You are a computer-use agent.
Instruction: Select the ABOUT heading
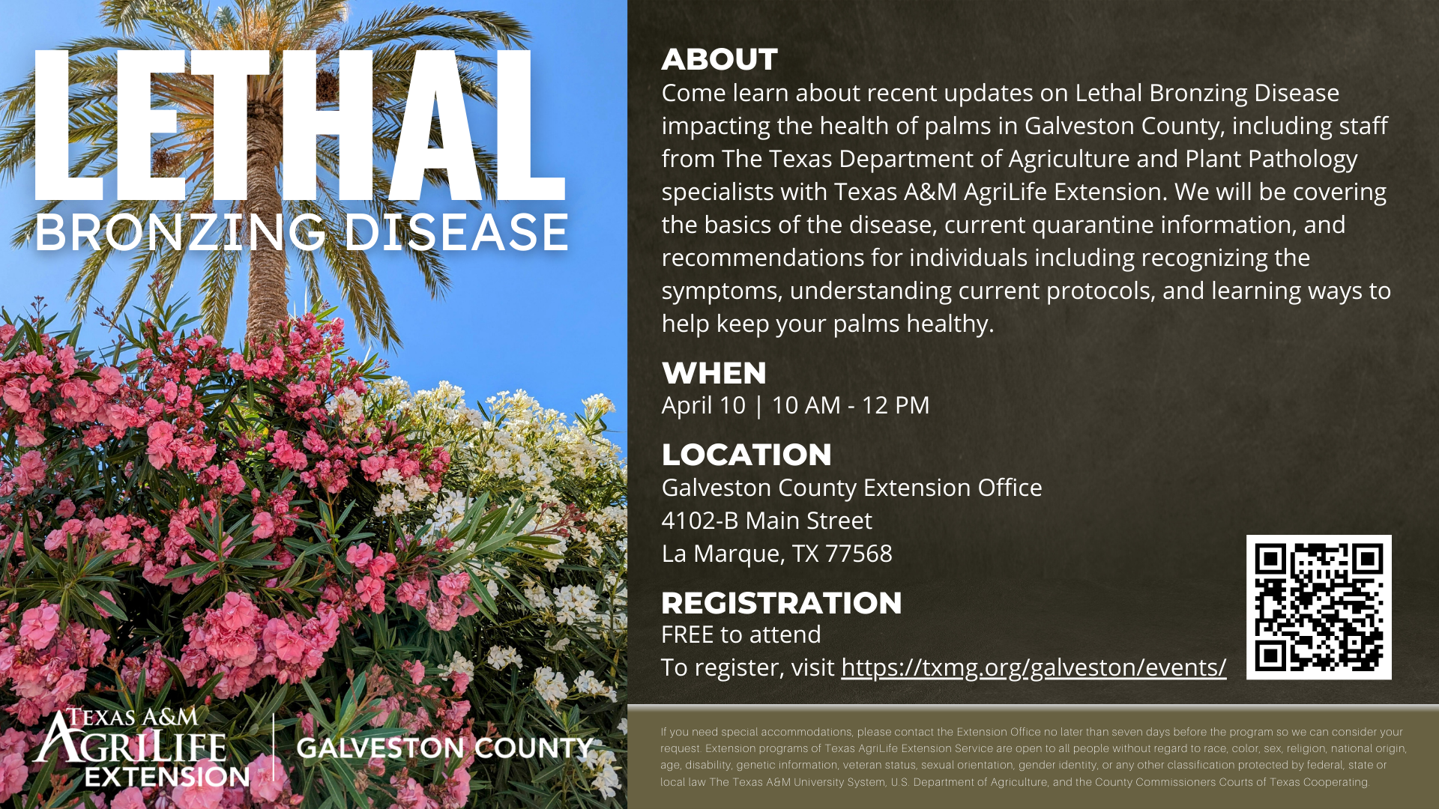click(719, 60)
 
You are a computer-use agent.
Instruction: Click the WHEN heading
click(714, 373)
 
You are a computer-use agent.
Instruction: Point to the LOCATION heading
click(746, 455)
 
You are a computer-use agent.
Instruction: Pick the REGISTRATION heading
click(782, 603)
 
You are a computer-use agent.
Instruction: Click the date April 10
click(704, 405)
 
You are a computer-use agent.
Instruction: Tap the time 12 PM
click(896, 405)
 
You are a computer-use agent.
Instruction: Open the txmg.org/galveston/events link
click(1034, 667)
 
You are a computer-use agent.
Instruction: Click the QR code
click(1319, 607)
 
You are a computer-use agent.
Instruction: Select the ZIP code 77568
click(859, 554)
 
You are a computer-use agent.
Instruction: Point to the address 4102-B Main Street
click(767, 521)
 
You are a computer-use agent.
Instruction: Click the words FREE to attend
click(741, 634)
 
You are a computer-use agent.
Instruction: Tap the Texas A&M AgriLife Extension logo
click(141, 747)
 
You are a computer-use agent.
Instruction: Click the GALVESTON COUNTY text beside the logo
click(445, 748)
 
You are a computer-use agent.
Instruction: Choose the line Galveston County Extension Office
click(852, 488)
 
